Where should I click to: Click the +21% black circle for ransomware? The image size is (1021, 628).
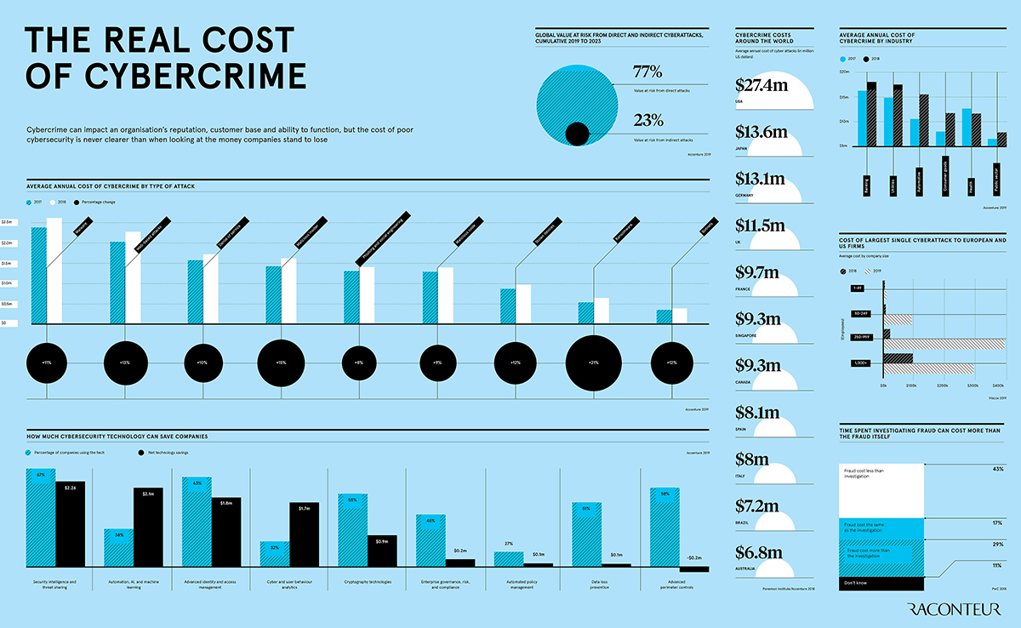[593, 363]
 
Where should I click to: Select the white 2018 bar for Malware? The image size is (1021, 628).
[54, 271]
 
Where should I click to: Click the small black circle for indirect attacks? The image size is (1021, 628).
[578, 134]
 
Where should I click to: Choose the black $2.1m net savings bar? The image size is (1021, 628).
[148, 527]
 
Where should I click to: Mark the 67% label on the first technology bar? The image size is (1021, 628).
[40, 476]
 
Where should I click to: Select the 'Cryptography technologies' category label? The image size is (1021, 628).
[368, 583]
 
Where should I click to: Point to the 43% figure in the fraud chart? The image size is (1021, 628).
[998, 469]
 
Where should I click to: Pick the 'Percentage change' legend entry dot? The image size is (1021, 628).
[78, 203]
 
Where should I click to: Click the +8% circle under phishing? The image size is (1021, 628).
[359, 363]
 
